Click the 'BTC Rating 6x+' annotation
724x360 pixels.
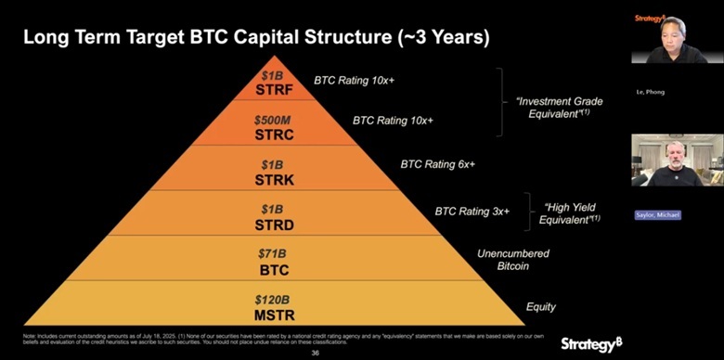437,164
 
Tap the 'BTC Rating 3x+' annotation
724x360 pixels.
472,212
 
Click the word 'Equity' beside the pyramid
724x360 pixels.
541,305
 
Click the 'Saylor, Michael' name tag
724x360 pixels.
657,215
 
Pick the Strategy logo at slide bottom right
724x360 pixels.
590,344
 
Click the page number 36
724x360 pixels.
315,353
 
